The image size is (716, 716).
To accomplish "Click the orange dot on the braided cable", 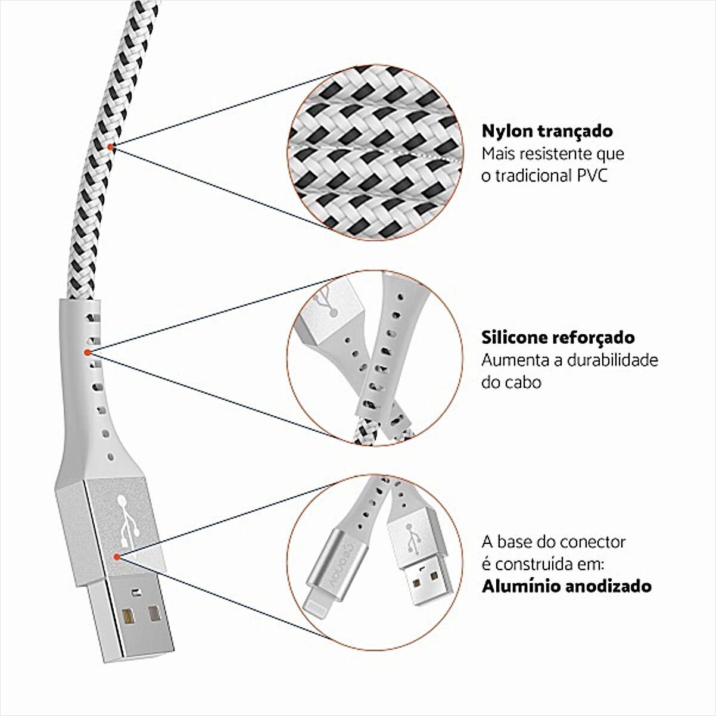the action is (x=111, y=147).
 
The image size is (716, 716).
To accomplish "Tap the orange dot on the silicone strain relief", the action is (x=88, y=352).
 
